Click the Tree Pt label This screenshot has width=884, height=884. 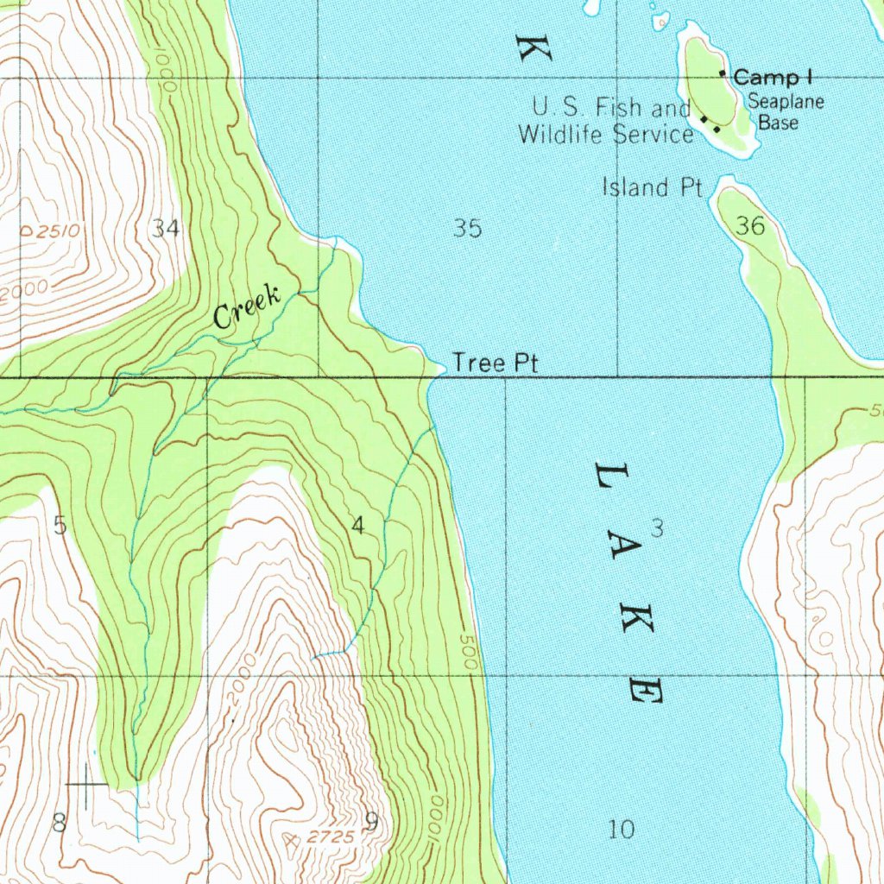tap(496, 363)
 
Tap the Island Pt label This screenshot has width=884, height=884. tap(653, 187)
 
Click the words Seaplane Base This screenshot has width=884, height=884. tap(785, 112)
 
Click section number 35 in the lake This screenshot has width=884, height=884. tap(467, 229)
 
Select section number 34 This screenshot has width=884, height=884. tap(166, 229)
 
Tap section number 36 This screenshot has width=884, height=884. tap(750, 226)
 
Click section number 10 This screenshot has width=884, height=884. tap(621, 830)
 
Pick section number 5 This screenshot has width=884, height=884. tap(59, 525)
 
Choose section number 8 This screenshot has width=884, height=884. tap(59, 823)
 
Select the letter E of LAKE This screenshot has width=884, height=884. tap(645, 690)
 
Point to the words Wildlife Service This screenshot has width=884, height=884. tap(605, 134)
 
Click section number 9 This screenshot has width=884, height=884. tap(370, 823)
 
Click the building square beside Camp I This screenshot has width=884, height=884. tap(723, 75)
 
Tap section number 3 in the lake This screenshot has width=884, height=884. tap(657, 530)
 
